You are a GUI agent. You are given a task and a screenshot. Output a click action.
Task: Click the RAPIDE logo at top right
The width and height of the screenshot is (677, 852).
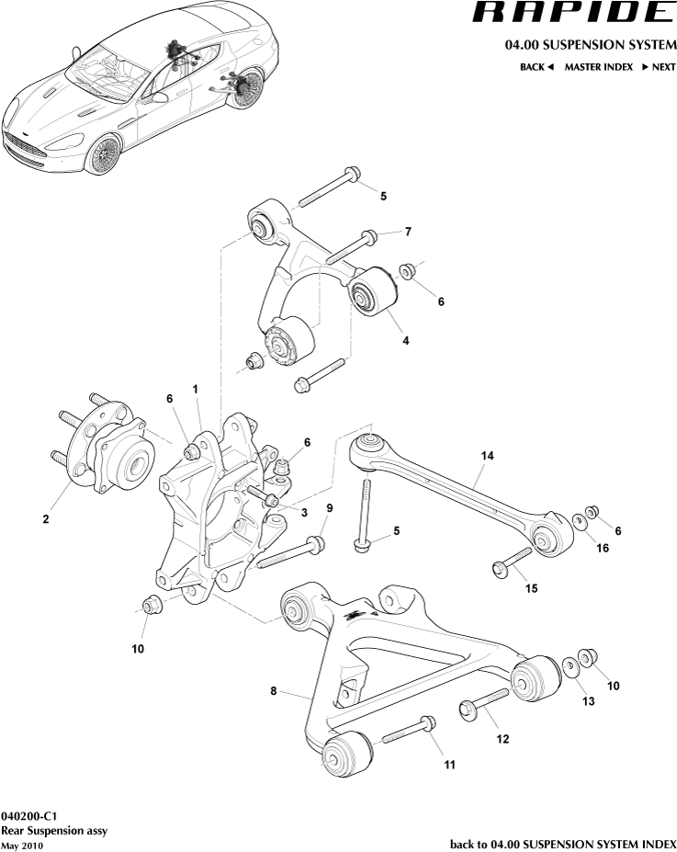click(572, 13)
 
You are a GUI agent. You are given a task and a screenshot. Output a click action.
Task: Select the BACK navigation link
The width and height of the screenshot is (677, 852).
click(536, 67)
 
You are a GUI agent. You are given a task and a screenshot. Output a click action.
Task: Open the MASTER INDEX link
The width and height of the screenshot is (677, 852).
click(598, 67)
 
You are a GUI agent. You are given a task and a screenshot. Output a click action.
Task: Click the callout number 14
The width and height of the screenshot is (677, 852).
click(487, 455)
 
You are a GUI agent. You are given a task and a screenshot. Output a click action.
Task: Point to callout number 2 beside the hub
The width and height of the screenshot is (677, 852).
click(45, 519)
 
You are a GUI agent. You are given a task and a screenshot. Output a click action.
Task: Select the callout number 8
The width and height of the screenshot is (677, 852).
click(274, 691)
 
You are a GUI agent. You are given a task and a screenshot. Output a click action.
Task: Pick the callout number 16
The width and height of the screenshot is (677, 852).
click(603, 549)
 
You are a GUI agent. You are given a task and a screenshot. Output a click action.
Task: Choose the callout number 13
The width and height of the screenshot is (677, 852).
click(588, 701)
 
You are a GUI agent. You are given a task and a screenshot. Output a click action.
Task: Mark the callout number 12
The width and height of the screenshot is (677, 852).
click(502, 738)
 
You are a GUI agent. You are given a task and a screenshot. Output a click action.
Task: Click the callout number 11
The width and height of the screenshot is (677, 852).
click(449, 763)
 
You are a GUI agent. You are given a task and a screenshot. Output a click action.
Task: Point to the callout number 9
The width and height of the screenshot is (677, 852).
click(329, 508)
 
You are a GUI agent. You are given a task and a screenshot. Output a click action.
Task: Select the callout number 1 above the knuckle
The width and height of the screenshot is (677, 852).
click(196, 390)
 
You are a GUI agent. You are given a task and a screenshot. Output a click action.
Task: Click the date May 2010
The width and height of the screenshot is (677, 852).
click(22, 846)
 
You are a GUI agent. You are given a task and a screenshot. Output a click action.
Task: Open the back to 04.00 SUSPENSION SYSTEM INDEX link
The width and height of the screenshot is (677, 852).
click(562, 844)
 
